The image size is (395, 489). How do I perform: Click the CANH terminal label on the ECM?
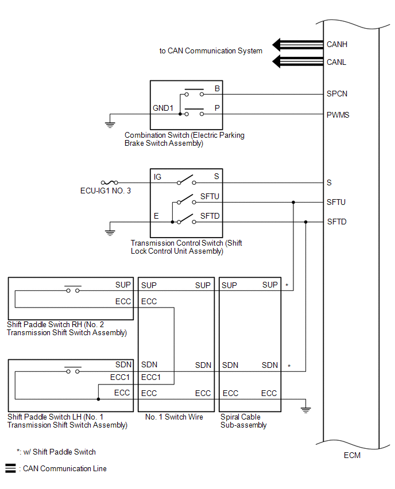pos(336,45)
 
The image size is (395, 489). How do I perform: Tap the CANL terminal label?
pos(336,63)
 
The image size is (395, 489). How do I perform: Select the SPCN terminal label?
pos(336,94)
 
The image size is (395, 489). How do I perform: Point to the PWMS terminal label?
pos(338,115)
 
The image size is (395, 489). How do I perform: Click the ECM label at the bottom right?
pos(352,455)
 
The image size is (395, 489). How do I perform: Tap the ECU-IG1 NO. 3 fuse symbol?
pos(110,183)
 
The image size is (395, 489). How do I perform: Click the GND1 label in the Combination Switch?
pos(163,108)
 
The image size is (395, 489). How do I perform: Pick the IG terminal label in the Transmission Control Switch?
pos(157,177)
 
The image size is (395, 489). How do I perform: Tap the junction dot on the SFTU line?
pos(293,203)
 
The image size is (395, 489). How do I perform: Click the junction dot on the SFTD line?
pos(306,222)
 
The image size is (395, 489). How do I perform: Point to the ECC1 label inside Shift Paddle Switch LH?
pos(120,377)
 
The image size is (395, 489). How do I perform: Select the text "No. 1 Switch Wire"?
pos(174,417)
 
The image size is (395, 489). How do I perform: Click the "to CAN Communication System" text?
pos(211,51)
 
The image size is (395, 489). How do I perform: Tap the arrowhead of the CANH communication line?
pos(276,45)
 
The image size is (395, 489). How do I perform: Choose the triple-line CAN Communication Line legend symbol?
pos(10,468)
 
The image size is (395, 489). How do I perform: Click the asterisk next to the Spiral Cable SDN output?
pos(289,366)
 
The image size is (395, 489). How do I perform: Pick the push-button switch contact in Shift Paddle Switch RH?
pos(73,289)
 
